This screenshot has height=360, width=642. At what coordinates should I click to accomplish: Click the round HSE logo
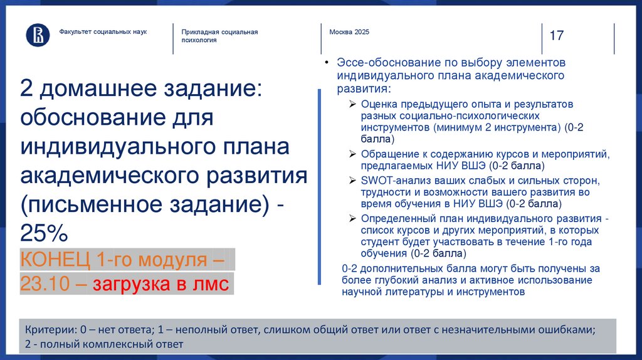(38, 35)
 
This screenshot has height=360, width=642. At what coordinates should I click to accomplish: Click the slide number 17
(556, 36)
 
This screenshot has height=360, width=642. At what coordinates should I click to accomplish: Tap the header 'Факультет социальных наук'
(103, 31)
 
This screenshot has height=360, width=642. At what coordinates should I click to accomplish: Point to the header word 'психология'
(199, 40)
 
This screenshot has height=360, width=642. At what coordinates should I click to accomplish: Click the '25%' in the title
(43, 234)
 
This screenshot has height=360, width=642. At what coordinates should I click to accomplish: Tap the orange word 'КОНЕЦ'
(55, 259)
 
